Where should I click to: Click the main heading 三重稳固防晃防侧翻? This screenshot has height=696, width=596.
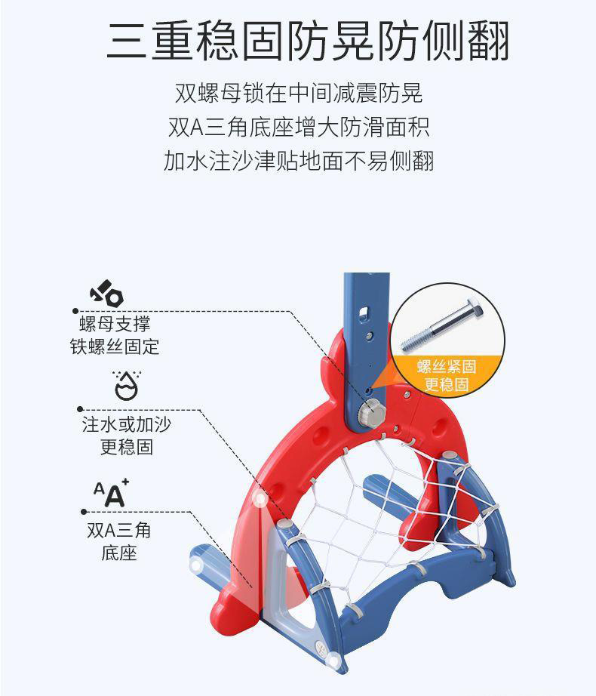click(x=307, y=42)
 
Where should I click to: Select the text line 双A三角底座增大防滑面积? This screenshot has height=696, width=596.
click(x=299, y=127)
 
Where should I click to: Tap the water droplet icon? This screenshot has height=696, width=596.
click(x=125, y=384)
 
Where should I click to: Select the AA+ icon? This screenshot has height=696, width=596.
click(x=111, y=493)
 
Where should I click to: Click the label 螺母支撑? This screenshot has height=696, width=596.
click(x=115, y=325)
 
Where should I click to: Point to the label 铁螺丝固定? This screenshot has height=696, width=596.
click(x=115, y=347)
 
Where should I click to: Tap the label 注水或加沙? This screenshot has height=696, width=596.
click(x=126, y=424)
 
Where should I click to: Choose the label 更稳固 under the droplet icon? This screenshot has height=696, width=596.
click(x=126, y=447)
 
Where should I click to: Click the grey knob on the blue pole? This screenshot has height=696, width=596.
click(x=371, y=413)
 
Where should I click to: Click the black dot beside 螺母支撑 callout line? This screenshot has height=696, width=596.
click(x=75, y=310)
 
